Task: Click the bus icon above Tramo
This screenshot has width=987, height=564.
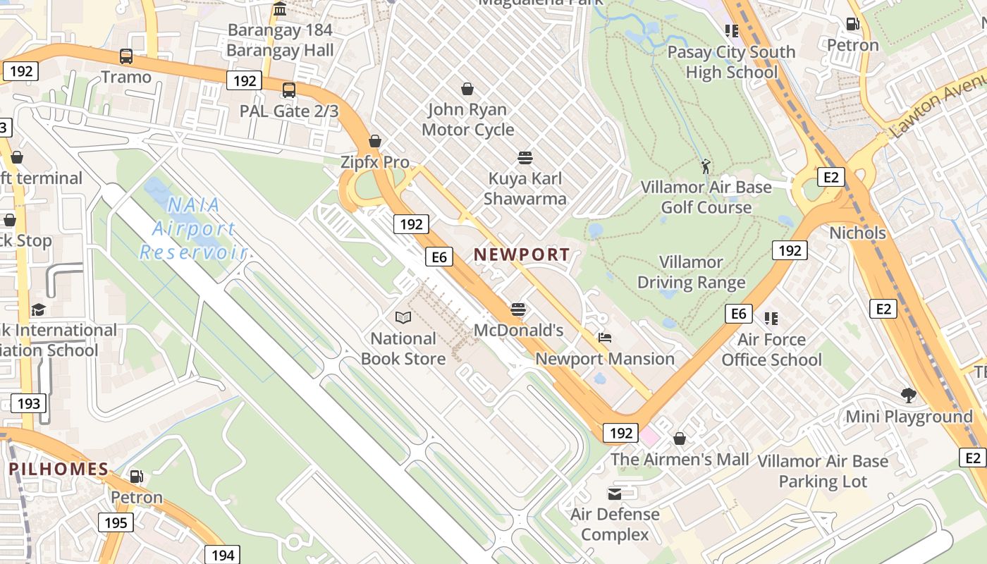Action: point(126,56)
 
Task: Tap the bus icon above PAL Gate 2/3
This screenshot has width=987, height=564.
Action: point(289,90)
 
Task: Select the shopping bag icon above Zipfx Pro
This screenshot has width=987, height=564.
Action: point(375,141)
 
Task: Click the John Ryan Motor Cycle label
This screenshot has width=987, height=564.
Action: point(467,119)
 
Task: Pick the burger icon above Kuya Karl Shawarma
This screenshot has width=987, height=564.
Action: point(525,157)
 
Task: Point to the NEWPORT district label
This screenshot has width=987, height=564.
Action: point(522,255)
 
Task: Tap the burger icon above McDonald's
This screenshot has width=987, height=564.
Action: point(518,309)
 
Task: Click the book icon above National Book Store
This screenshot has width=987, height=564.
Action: point(403,318)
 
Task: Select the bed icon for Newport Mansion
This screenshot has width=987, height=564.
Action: point(605,338)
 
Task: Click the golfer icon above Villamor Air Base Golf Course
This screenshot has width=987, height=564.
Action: point(706,166)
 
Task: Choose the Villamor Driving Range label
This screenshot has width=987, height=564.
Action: point(691,272)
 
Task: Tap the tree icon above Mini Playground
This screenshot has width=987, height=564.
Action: point(909,396)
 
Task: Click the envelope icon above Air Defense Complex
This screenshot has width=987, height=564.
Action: point(615,493)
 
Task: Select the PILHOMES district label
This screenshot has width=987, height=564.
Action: point(59,469)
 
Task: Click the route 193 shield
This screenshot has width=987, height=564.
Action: point(28,403)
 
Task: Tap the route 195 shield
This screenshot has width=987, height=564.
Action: point(116,522)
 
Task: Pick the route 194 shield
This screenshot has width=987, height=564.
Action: point(223,555)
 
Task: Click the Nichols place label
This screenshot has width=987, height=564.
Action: point(857,233)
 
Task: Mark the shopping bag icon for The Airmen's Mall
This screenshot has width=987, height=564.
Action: point(680,439)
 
